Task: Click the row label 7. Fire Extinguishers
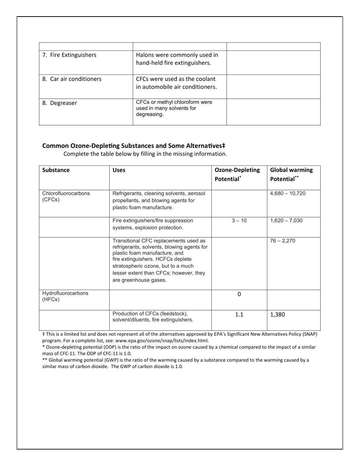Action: tap(69, 55)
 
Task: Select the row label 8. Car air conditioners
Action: tap(72, 79)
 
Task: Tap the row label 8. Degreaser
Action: tap(60, 103)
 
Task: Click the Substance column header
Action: tap(56, 170)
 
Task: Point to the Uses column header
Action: tap(119, 170)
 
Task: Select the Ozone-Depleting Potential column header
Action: tap(237, 174)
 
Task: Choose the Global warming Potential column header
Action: tap(291, 174)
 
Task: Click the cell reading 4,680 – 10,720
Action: tap(288, 194)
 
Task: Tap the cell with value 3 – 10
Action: tap(239, 220)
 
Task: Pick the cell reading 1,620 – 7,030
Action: tap(286, 220)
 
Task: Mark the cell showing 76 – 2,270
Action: tap(282, 241)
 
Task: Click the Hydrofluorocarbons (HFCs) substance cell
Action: tap(65, 296)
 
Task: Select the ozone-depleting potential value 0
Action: tap(239, 294)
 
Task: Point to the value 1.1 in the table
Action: tap(239, 314)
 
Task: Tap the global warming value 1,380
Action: tap(277, 314)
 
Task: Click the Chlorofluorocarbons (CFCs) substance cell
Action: tap(66, 197)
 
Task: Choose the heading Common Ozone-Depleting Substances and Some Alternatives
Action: tap(133, 146)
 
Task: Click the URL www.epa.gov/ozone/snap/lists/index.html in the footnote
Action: tap(162, 340)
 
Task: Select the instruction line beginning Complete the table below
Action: tap(145, 154)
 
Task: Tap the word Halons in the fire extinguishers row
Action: tap(145, 55)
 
